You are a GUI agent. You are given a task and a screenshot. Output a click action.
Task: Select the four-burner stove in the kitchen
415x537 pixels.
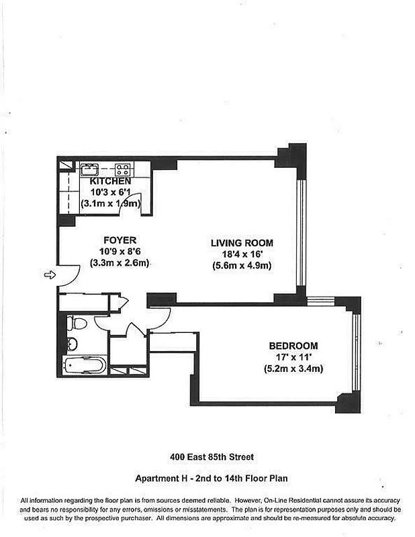click(122, 169)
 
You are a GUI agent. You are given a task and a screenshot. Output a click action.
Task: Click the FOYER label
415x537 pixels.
click(120, 240)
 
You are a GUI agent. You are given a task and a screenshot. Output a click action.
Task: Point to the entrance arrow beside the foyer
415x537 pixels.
click(49, 275)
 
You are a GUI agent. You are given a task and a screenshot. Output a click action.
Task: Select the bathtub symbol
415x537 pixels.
click(84, 367)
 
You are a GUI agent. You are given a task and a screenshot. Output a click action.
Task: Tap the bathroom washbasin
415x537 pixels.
click(72, 344)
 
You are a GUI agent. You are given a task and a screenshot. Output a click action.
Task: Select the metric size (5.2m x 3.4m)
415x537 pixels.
click(290, 369)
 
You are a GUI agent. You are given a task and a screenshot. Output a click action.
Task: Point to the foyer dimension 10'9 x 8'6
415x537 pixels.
click(120, 252)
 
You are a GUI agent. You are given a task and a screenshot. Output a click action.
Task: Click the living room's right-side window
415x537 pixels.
click(302, 232)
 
